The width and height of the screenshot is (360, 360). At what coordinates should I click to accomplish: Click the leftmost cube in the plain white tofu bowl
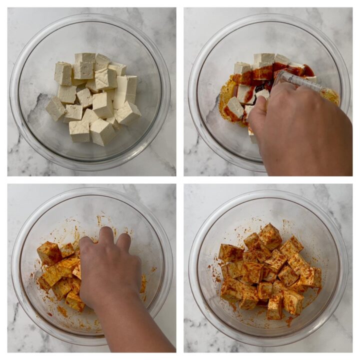pos(55,108)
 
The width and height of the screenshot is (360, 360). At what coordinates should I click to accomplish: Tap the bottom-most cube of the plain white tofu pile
pos(102,132)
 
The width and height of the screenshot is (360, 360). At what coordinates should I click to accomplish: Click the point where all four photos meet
pos(180,180)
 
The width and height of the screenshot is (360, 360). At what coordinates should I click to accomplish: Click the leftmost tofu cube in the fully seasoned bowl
pos(230,252)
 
